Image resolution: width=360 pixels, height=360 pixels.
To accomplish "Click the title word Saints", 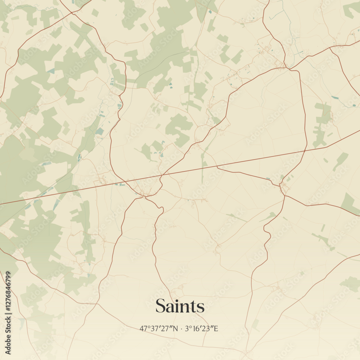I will (180, 306).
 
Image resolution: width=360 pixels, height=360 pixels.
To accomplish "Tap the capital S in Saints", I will (161, 306).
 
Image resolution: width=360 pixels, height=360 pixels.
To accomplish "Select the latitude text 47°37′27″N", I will (159, 328).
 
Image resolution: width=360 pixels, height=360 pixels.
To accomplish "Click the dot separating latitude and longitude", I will (182, 329).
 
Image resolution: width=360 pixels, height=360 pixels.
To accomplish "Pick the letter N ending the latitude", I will (176, 328).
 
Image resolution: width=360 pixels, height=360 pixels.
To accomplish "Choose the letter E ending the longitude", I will (216, 328).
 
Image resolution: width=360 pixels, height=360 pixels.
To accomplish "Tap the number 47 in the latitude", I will (143, 328).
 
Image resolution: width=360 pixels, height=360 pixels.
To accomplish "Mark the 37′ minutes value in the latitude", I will (154, 328).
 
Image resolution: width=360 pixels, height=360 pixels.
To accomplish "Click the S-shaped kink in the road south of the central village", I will (161, 209).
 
